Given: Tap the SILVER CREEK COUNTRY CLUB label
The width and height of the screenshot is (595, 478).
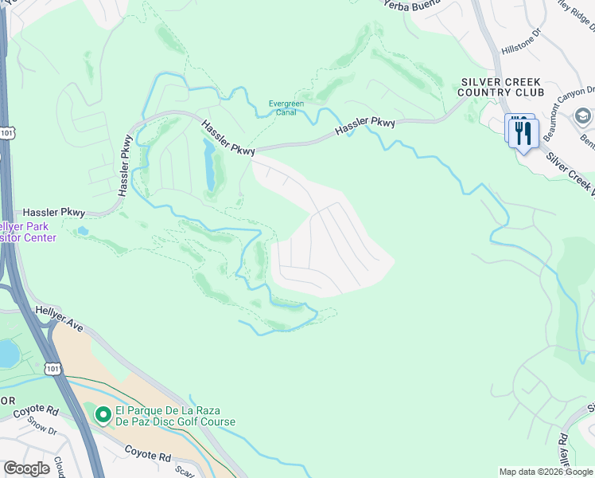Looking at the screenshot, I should pos(501,88).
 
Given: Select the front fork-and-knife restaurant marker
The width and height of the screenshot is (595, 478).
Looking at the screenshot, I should pos(523,132).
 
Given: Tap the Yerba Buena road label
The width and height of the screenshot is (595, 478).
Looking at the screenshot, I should pos(412,5).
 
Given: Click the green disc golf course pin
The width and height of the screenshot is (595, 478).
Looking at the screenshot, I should pos(103,415).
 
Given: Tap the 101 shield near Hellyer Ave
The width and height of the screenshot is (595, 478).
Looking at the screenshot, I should pos(52,368).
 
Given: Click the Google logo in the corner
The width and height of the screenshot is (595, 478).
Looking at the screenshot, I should pos(26,468).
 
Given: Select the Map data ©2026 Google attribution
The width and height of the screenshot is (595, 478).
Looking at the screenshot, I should pos(546,472).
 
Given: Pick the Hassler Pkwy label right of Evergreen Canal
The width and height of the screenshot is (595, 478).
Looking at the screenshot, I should pos(365,126).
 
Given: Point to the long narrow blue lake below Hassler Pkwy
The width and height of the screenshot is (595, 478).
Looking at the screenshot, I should pos(209,166).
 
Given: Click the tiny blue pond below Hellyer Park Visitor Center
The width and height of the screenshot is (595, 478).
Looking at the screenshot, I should pos(82,232).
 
